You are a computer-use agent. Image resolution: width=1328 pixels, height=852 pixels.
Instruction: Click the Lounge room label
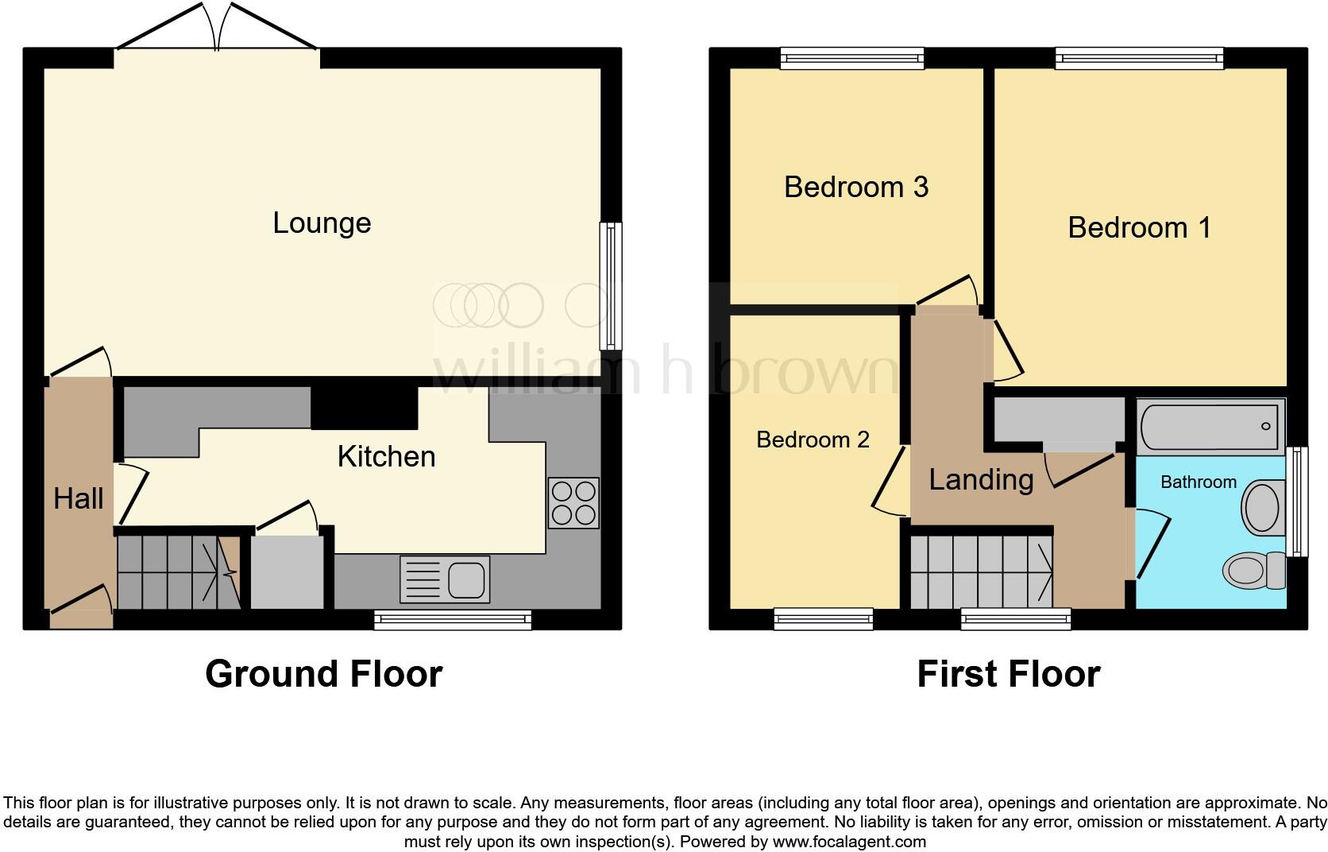click(x=322, y=223)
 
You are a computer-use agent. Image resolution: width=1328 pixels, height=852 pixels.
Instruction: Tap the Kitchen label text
click(x=386, y=457)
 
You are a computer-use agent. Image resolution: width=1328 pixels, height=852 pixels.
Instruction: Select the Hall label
click(x=78, y=499)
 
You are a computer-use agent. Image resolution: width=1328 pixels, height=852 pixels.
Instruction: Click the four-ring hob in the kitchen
click(x=573, y=503)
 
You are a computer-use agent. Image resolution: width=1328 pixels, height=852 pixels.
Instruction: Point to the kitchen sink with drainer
click(x=446, y=578)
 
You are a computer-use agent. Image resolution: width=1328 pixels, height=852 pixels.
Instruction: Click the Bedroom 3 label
click(x=855, y=188)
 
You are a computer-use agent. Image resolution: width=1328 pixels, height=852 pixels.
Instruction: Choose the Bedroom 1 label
click(x=1139, y=228)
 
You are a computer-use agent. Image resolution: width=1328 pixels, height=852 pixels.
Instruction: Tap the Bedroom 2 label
click(x=812, y=440)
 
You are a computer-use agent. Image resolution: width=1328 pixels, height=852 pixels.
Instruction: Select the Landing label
click(x=981, y=480)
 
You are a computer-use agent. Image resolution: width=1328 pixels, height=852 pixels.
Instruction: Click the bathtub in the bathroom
click(x=1210, y=427)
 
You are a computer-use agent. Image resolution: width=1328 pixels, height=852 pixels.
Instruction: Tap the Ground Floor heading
click(x=323, y=674)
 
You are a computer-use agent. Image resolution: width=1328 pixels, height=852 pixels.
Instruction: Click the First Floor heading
click(x=1008, y=674)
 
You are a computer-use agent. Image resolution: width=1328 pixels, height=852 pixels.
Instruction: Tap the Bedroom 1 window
click(x=1139, y=57)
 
